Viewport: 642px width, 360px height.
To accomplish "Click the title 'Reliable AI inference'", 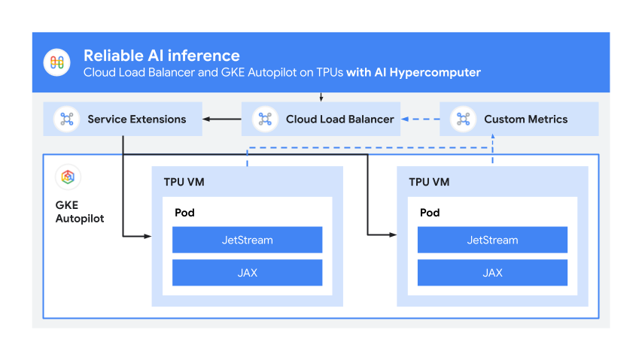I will (x=161, y=56).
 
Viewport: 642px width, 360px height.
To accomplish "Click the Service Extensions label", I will (x=136, y=119).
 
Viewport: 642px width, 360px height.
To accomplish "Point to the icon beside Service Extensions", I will (x=67, y=119).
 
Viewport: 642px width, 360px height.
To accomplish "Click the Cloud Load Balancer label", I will (x=339, y=119).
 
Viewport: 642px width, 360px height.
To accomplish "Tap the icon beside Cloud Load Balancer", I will (x=265, y=119).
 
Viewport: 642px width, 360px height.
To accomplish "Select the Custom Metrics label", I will (x=525, y=119).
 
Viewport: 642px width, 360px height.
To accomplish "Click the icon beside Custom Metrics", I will (x=463, y=119).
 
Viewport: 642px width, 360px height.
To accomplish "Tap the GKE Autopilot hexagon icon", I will (x=68, y=177).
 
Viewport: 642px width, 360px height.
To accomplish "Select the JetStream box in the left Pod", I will (x=247, y=241).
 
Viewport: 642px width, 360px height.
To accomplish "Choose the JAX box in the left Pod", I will (x=247, y=273).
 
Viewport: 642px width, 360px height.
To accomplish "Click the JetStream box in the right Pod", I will (x=492, y=241).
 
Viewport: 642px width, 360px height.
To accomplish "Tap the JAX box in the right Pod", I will (x=492, y=273).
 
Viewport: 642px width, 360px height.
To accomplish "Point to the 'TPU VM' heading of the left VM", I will (x=183, y=182).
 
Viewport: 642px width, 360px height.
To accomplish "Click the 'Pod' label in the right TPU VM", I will (x=429, y=213).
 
